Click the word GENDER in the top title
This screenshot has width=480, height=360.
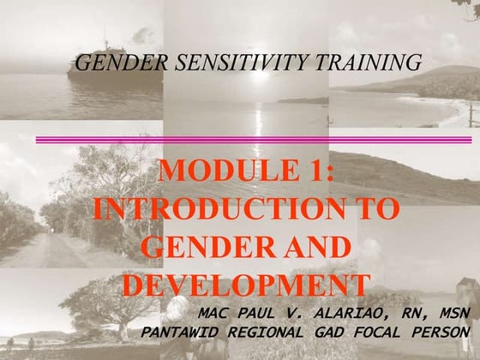(112, 63)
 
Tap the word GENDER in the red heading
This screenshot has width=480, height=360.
(197, 247)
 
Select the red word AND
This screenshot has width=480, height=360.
(311, 247)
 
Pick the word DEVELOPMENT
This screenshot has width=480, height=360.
(246, 285)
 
